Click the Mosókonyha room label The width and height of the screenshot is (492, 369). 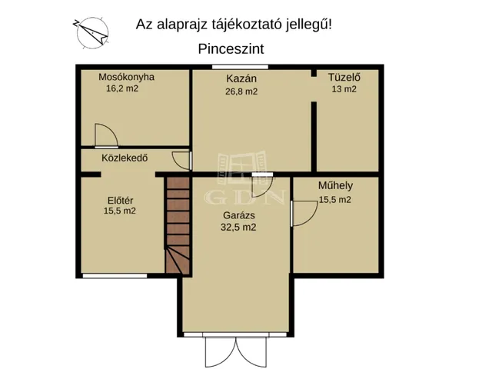[x=127, y=77]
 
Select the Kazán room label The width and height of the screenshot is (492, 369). [x=241, y=78]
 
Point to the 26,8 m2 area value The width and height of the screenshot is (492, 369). [x=241, y=91]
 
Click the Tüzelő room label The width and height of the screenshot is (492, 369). [x=344, y=77]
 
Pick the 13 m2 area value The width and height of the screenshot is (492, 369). [x=344, y=88]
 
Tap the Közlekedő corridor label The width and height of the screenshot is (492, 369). [x=125, y=158]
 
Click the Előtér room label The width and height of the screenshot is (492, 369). [x=119, y=201]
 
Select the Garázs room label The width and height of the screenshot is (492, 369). [x=238, y=216]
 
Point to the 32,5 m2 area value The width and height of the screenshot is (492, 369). [x=238, y=228]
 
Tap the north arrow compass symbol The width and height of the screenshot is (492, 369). [x=90, y=30]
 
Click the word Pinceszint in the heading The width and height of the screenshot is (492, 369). [x=231, y=48]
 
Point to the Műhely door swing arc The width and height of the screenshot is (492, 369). [x=302, y=211]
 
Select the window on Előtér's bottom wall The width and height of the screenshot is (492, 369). [x=115, y=275]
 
